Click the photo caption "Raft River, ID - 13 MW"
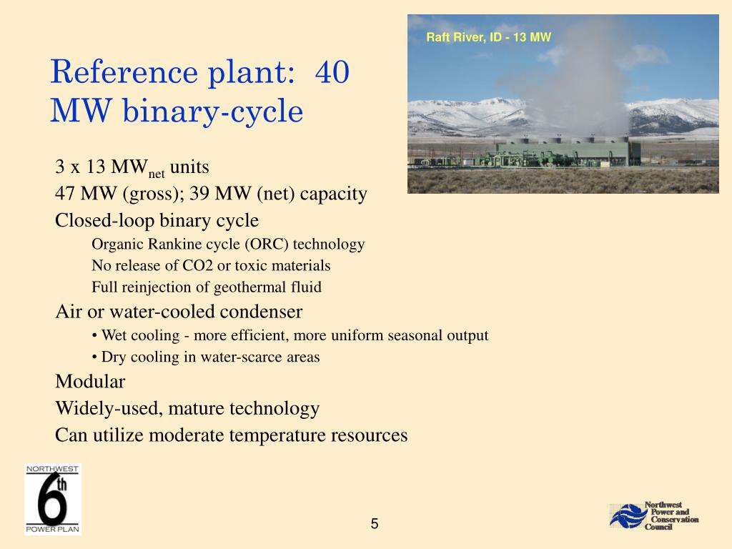[x=488, y=37]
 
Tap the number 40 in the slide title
[x=331, y=73]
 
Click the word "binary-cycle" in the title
[x=214, y=111]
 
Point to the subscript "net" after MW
[x=157, y=174]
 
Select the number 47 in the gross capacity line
[x=66, y=194]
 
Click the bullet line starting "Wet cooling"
[x=290, y=335]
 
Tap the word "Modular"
[x=90, y=382]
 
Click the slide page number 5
[x=375, y=525]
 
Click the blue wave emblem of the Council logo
[x=626, y=516]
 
